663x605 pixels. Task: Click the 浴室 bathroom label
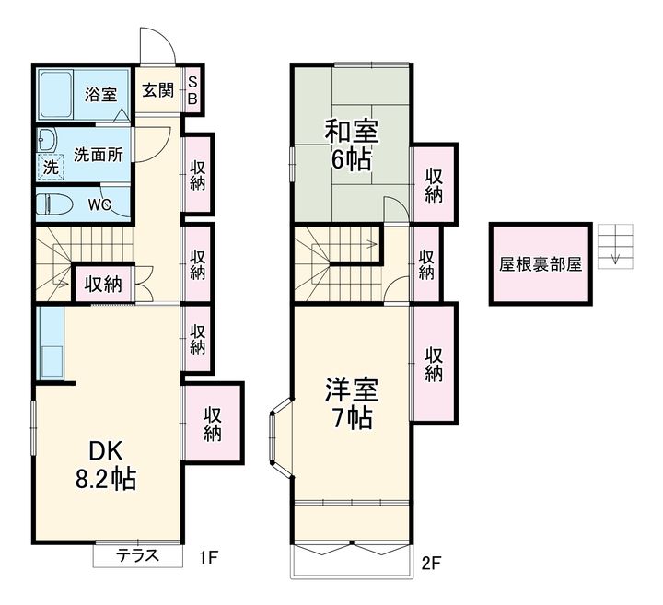(100, 94)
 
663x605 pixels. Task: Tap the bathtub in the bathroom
(56, 94)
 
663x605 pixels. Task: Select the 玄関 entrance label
(157, 90)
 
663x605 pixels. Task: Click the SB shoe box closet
(192, 89)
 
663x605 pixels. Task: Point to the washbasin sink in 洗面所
(47, 140)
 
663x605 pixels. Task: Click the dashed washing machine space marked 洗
(52, 167)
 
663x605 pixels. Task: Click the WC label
(99, 205)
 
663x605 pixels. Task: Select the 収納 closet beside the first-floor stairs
(104, 284)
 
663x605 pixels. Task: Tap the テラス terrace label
(138, 554)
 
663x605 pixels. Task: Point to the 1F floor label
(208, 558)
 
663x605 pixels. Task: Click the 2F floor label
(431, 564)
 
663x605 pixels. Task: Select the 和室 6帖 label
(352, 145)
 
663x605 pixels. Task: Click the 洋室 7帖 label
(352, 403)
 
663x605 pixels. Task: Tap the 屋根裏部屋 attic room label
(541, 264)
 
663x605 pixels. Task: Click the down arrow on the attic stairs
(616, 256)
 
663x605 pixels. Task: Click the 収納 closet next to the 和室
(434, 185)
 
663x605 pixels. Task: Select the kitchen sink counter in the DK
(51, 343)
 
